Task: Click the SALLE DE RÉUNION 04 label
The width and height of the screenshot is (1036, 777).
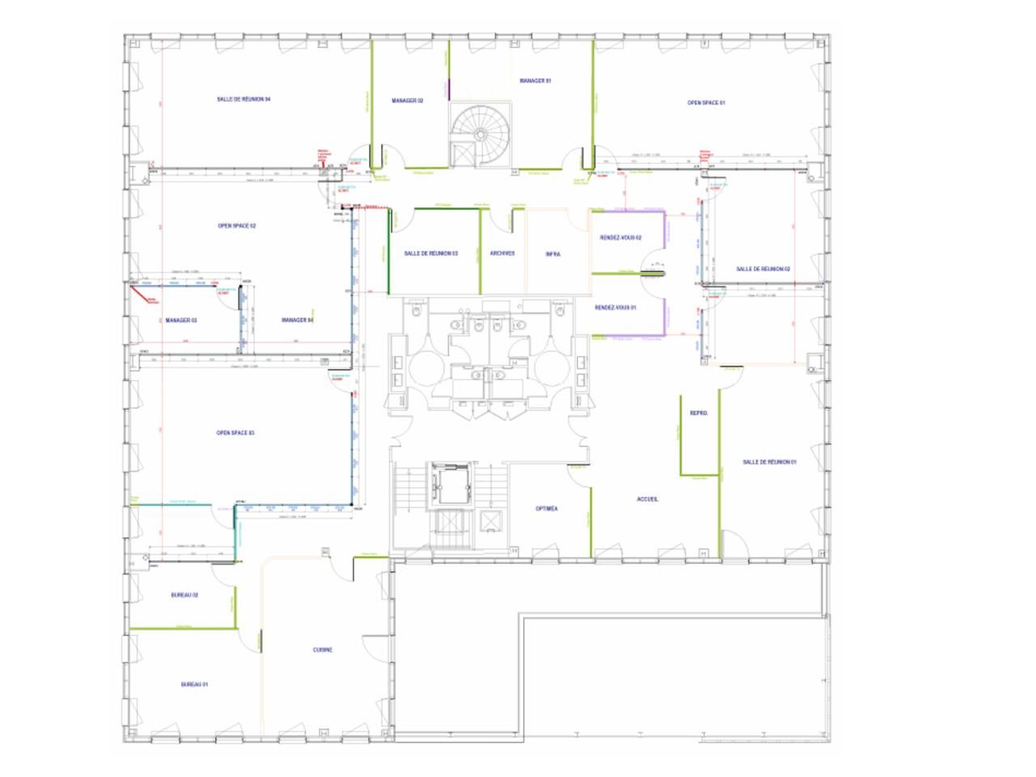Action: click(x=243, y=99)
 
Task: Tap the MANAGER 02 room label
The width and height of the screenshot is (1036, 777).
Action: click(x=407, y=101)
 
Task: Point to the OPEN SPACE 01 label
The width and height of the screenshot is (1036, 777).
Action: click(x=706, y=103)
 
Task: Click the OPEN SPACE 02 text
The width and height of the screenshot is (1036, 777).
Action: click(x=237, y=226)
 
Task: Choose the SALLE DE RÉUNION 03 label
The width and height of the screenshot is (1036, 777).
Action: click(x=431, y=253)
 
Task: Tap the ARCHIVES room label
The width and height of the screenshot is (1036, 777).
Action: click(x=502, y=253)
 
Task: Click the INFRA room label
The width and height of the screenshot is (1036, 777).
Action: click(x=553, y=254)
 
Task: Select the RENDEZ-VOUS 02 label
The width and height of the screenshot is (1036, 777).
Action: click(x=620, y=238)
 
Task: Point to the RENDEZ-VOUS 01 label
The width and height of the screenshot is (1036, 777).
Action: click(x=615, y=308)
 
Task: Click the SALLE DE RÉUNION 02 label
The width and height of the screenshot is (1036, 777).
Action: click(x=762, y=269)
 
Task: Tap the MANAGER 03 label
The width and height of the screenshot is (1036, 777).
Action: click(x=181, y=321)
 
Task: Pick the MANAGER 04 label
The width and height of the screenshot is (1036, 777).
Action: click(x=297, y=321)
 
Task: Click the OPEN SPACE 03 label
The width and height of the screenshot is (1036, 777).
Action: click(x=236, y=433)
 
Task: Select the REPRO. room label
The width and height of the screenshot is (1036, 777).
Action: click(x=698, y=414)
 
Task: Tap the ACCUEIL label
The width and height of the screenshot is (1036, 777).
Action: click(x=647, y=499)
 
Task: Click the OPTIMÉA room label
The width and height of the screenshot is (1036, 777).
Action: click(x=546, y=509)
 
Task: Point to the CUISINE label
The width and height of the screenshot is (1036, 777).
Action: click(x=322, y=650)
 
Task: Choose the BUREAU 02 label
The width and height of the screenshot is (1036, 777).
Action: click(x=185, y=595)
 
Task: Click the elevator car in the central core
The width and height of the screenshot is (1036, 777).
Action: click(x=449, y=485)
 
